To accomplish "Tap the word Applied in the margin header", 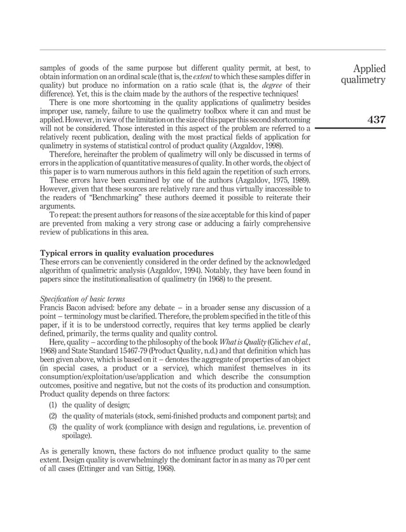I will [x=370, y=69].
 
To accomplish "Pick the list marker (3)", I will [x=55, y=427].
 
